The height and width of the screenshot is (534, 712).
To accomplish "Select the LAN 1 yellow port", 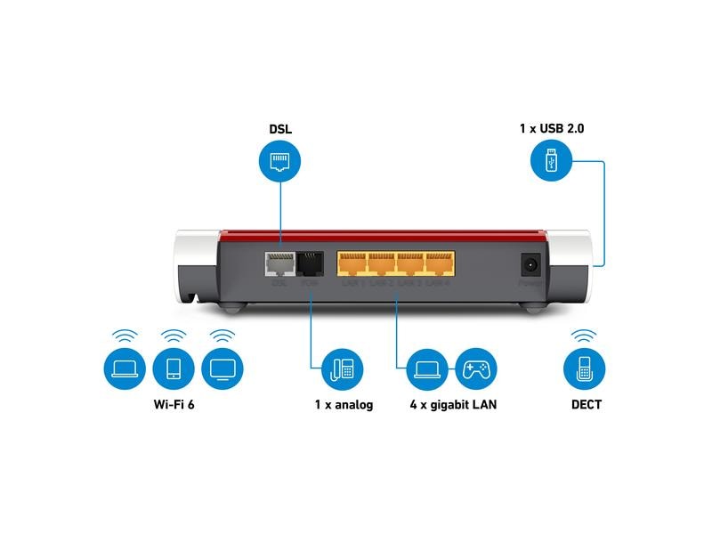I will [x=352, y=263].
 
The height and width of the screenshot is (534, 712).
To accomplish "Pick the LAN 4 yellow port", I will [x=439, y=263].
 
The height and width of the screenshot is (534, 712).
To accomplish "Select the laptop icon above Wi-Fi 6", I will [x=125, y=368].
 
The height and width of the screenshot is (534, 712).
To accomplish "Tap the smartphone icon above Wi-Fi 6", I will [x=174, y=368].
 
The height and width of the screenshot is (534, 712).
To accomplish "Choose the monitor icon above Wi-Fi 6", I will [x=222, y=368].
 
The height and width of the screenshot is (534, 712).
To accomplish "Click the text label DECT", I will [x=586, y=405].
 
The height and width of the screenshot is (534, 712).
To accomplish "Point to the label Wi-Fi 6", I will [x=174, y=405].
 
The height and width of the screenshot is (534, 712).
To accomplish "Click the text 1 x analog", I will [x=344, y=405].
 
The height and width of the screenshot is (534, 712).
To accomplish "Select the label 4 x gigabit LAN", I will [x=453, y=405].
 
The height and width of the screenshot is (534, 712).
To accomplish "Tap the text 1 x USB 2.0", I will [x=552, y=129].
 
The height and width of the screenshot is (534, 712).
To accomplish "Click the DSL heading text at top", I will [x=279, y=129].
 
